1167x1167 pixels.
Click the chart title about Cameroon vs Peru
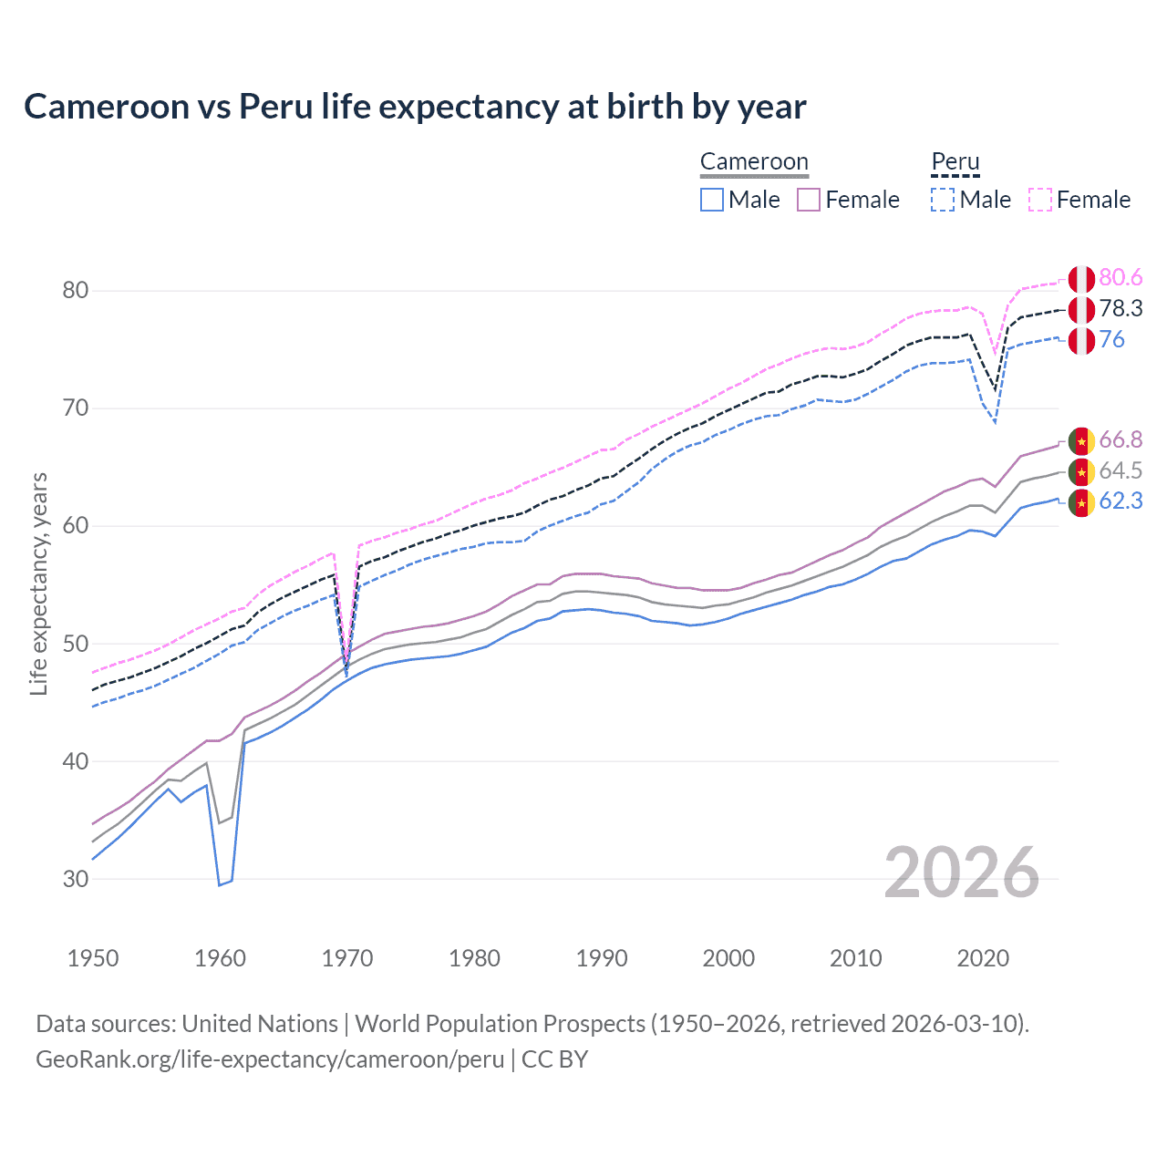point(415,107)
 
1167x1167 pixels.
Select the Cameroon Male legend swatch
point(712,200)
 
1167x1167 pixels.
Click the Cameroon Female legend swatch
point(809,200)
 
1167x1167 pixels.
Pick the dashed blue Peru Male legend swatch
point(943,200)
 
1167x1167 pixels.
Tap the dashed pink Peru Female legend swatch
point(1040,200)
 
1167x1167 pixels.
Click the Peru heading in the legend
point(955,162)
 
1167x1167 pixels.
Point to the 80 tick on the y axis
point(76,291)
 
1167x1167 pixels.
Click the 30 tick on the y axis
point(76,879)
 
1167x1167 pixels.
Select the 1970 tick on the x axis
point(347,958)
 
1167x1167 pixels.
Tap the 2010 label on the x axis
point(855,958)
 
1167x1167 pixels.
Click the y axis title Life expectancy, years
point(38,583)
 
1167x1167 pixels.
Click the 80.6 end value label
point(1121,278)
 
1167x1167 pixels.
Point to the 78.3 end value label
point(1121,309)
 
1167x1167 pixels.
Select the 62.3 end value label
point(1121,501)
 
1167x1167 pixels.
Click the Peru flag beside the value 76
point(1081,341)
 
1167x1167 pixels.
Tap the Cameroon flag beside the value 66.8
point(1081,441)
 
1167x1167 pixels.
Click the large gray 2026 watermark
point(961,873)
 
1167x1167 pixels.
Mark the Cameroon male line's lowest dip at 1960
point(220,884)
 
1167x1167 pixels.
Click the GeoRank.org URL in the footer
point(270,1059)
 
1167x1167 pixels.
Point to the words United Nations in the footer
point(260,1024)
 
